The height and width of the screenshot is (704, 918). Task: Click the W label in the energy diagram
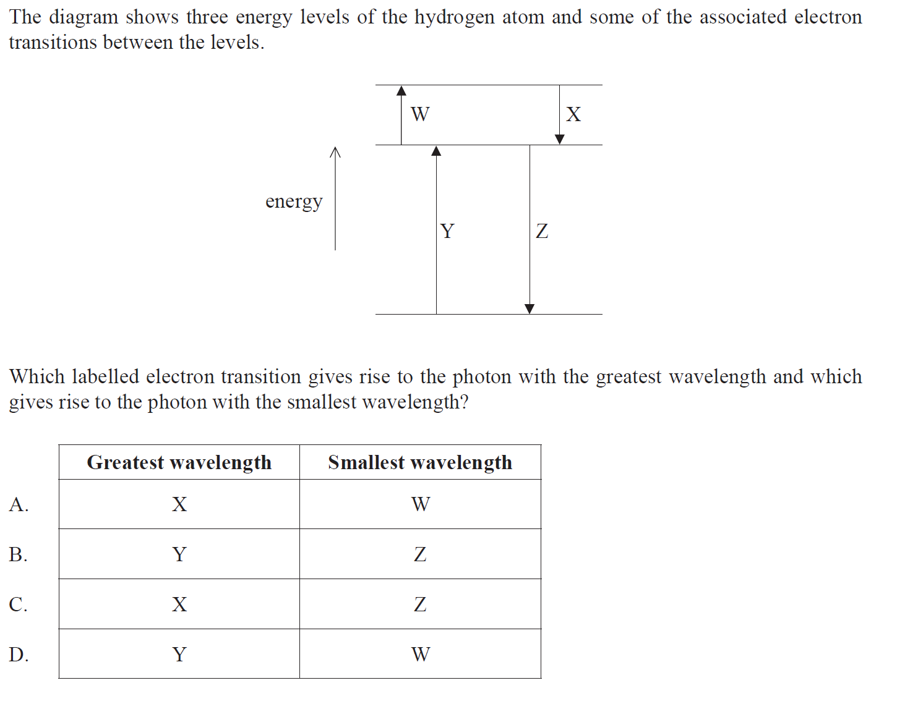pos(420,114)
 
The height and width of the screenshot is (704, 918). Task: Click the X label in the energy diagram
pos(573,114)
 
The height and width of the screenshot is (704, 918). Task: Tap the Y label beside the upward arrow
pos(447,231)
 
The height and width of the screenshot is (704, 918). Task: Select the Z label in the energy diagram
pos(542,231)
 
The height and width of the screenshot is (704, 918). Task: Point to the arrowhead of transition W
pos(401,91)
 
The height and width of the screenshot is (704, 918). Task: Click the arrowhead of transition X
pos(560,140)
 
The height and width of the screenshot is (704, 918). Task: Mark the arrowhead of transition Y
pos(436,151)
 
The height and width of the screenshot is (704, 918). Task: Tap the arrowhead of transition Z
pos(530,309)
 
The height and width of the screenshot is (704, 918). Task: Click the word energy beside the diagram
pos(294,201)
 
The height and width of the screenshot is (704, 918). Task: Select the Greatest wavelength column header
pos(179,462)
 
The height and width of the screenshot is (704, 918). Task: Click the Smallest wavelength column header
pos(420,462)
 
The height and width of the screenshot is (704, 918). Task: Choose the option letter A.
pos(19,505)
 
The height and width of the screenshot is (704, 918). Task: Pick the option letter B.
pos(18,554)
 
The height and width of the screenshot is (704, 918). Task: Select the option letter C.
pos(18,604)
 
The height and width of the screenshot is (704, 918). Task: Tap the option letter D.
pos(19,654)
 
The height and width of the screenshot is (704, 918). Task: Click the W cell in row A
pos(421,504)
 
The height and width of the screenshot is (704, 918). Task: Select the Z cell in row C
pos(420,604)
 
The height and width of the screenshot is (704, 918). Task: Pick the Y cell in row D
pos(179,654)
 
